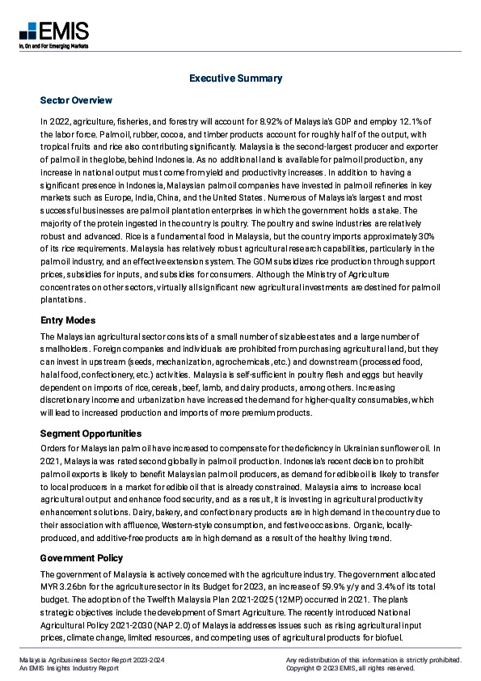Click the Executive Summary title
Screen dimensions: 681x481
click(x=235, y=78)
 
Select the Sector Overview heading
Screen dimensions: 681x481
click(x=76, y=100)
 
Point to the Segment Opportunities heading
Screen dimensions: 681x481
click(x=91, y=434)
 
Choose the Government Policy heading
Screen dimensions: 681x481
click(x=82, y=558)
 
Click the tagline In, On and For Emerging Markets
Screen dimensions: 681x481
click(x=53, y=47)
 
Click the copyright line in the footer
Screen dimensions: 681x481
click(x=350, y=669)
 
